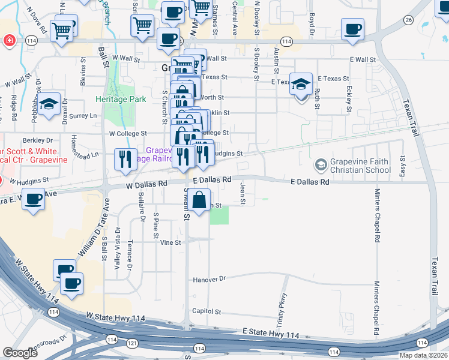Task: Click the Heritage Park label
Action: [x=121, y=98]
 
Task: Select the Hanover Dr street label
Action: [x=209, y=279]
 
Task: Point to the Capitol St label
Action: [x=207, y=312]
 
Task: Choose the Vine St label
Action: [x=170, y=242]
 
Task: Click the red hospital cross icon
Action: [x=9, y=41]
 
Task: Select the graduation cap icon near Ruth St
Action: [x=301, y=83]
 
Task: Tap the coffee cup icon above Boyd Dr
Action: [x=352, y=28]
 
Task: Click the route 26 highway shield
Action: [x=408, y=20]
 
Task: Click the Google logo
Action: [x=20, y=353]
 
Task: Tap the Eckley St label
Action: [x=349, y=99]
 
